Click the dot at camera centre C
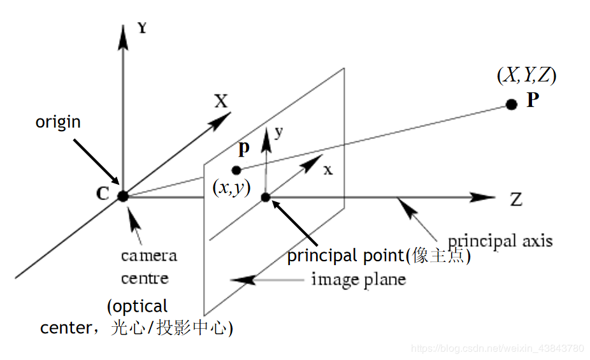click(123, 196)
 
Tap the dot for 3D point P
click(511, 104)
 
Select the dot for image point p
click(236, 170)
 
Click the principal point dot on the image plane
click(266, 197)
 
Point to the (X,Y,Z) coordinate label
click(526, 75)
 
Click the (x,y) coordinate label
click(231, 189)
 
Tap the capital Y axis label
click(142, 28)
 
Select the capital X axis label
click(220, 101)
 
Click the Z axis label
click(516, 199)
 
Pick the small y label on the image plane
click(278, 132)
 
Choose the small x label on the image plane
click(327, 170)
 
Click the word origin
click(58, 122)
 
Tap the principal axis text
click(500, 241)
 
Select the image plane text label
click(358, 279)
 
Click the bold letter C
click(102, 194)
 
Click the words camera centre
click(148, 267)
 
